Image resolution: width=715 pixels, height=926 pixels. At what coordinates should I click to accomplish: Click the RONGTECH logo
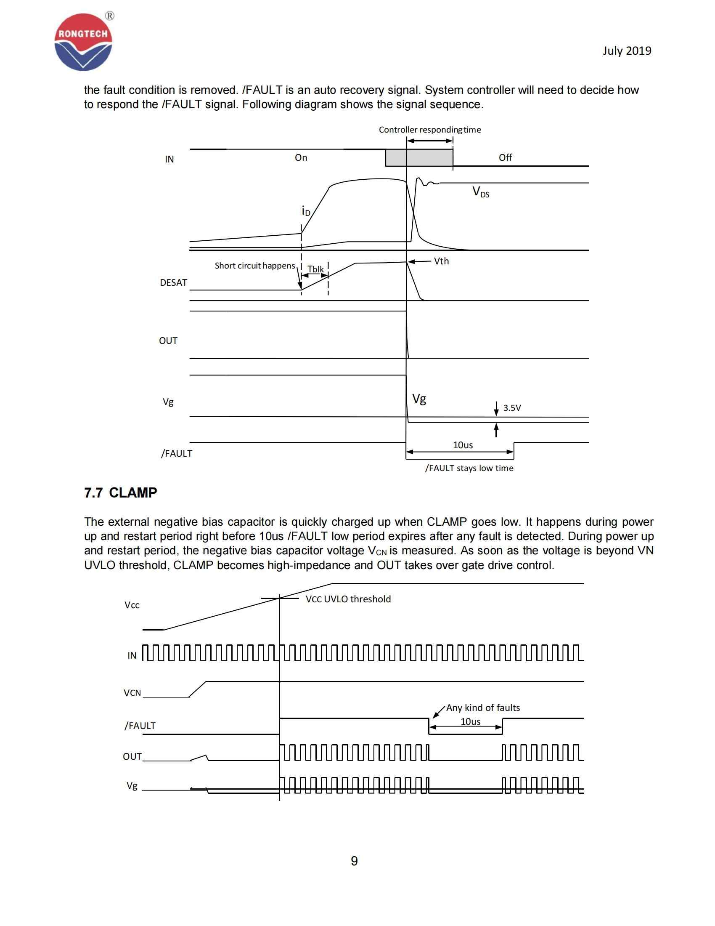click(83, 43)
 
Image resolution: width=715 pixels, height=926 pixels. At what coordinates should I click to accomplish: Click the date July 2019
click(627, 51)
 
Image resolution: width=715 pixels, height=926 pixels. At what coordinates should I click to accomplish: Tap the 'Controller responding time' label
click(429, 130)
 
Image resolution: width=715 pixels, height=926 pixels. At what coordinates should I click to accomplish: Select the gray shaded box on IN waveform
click(418, 158)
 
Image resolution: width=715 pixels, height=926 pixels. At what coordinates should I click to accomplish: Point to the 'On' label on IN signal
click(301, 158)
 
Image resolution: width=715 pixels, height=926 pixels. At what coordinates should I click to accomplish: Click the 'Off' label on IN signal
click(505, 158)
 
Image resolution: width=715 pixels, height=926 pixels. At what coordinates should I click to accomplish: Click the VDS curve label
click(480, 192)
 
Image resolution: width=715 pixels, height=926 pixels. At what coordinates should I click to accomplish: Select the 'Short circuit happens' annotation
click(254, 266)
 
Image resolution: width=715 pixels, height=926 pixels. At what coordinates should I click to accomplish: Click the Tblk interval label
click(315, 269)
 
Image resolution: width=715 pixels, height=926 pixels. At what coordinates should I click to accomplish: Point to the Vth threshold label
click(441, 261)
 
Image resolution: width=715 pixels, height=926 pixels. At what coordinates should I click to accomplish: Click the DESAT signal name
click(173, 283)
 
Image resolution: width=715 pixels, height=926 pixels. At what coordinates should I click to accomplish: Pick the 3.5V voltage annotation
click(512, 408)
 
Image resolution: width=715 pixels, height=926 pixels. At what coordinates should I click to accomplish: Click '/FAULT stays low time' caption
click(469, 468)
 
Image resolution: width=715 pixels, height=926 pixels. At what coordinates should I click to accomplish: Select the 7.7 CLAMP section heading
click(121, 493)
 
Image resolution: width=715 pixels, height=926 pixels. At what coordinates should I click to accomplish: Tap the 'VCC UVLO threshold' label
click(348, 599)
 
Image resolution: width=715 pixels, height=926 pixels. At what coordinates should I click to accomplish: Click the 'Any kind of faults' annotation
click(482, 708)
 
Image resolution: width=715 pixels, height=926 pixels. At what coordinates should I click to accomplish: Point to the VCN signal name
click(132, 693)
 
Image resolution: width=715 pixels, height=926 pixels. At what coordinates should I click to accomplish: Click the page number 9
click(354, 861)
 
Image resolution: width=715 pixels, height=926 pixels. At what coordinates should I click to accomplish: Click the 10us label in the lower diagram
click(470, 721)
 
